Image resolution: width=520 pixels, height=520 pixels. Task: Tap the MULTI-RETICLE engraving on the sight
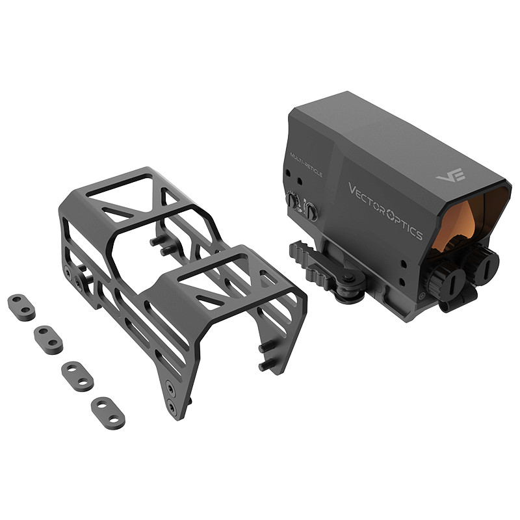(x=306, y=164)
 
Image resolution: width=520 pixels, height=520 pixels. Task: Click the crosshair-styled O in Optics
(x=391, y=213)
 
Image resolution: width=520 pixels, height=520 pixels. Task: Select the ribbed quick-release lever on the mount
(x=318, y=268)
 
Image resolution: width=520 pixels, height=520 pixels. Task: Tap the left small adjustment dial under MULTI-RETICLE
(x=292, y=200)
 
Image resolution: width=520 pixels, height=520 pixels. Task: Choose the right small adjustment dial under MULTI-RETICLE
(x=311, y=212)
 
